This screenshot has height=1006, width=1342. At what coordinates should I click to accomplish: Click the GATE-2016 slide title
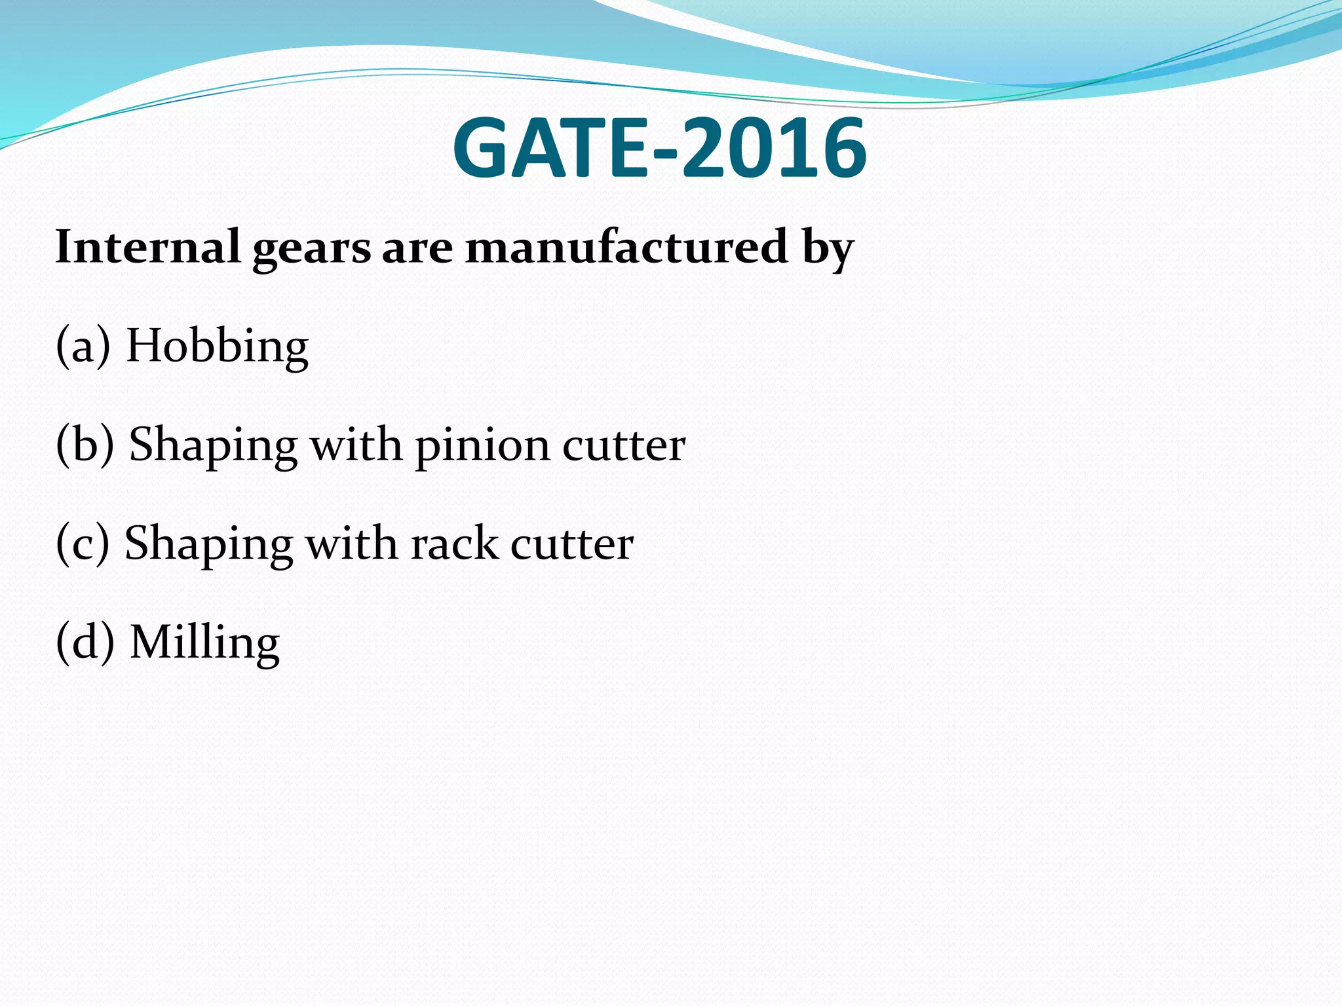pos(659,149)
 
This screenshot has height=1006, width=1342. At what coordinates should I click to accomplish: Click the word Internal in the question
pos(147,247)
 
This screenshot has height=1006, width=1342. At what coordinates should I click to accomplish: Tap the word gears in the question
pos(312,250)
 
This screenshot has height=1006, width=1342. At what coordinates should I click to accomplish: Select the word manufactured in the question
pos(626,247)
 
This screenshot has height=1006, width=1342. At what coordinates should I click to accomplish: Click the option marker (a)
pos(83,346)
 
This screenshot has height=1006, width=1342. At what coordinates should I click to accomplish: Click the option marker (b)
pos(85,445)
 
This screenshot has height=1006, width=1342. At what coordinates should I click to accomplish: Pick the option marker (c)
pos(83,544)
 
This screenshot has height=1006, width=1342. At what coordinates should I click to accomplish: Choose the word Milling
pos(205,643)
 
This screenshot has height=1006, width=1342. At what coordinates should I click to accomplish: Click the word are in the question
pos(417,250)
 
